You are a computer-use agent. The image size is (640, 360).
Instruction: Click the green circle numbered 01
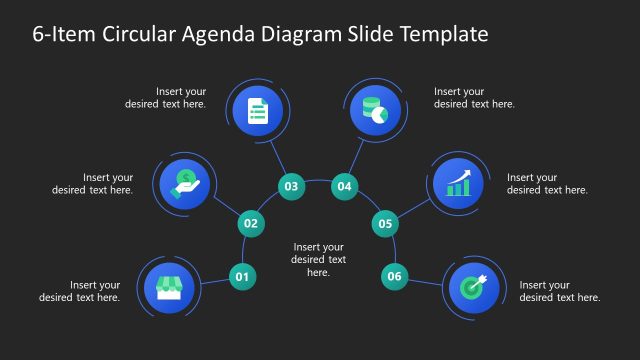(242, 276)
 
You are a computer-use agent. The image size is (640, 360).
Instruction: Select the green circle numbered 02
(251, 224)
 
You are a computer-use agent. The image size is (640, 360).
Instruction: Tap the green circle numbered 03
(291, 186)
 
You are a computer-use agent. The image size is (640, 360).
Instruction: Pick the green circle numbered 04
(345, 186)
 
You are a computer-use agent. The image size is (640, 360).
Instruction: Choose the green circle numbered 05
(385, 224)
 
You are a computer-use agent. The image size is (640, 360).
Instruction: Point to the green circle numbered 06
(394, 276)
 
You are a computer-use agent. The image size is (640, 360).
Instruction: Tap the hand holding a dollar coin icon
(185, 182)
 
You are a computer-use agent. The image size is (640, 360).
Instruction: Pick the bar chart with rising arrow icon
(458, 182)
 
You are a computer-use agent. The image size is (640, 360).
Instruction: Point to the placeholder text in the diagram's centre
(318, 259)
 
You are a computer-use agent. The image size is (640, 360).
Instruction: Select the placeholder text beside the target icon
(560, 291)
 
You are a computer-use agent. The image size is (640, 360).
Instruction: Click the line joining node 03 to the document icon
(276, 153)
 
